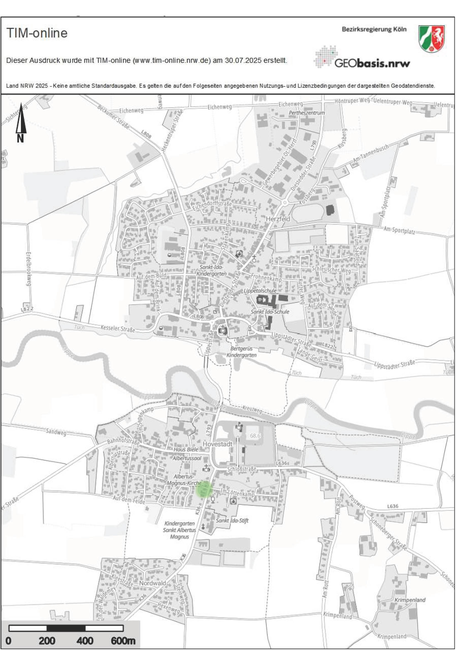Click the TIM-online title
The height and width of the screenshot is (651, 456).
[x=37, y=33]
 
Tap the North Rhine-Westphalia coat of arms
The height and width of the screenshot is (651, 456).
[x=432, y=39]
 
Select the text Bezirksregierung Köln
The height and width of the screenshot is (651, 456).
[x=374, y=29]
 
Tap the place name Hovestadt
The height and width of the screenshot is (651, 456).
[x=218, y=444]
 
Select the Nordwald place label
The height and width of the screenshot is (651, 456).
[x=152, y=583]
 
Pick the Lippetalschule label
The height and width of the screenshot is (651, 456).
[x=260, y=291]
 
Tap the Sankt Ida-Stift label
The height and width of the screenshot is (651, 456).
[x=232, y=521]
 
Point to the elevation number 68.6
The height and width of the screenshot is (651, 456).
[x=255, y=435]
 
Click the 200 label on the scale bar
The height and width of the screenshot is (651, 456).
[x=47, y=641]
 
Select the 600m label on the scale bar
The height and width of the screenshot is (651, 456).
[x=123, y=641]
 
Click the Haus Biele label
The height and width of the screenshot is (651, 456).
[x=186, y=449]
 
